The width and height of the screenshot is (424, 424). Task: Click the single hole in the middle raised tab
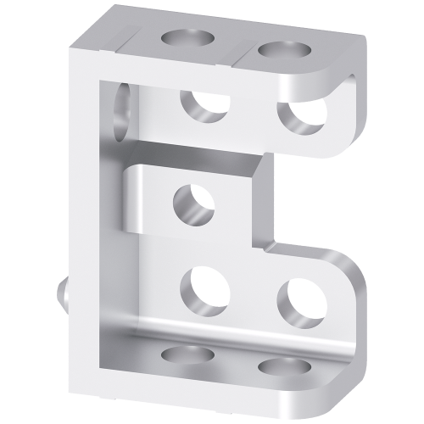[193, 204]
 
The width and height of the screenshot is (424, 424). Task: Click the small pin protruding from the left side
[63, 293]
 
